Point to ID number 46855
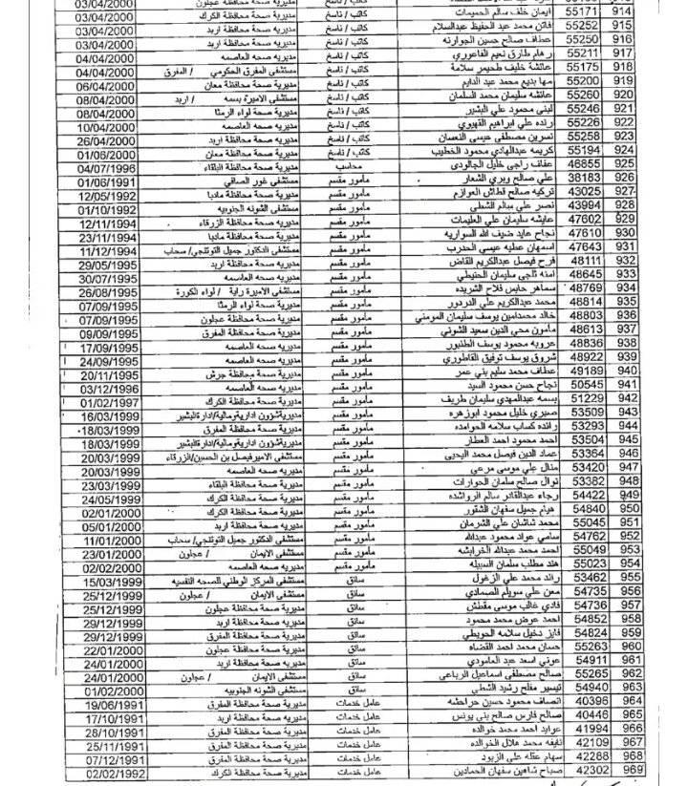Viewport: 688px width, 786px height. tap(583, 164)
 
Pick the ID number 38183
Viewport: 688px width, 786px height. tap(583, 178)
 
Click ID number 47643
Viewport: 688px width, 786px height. tap(583, 246)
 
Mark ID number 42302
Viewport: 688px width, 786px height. tap(584, 770)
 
